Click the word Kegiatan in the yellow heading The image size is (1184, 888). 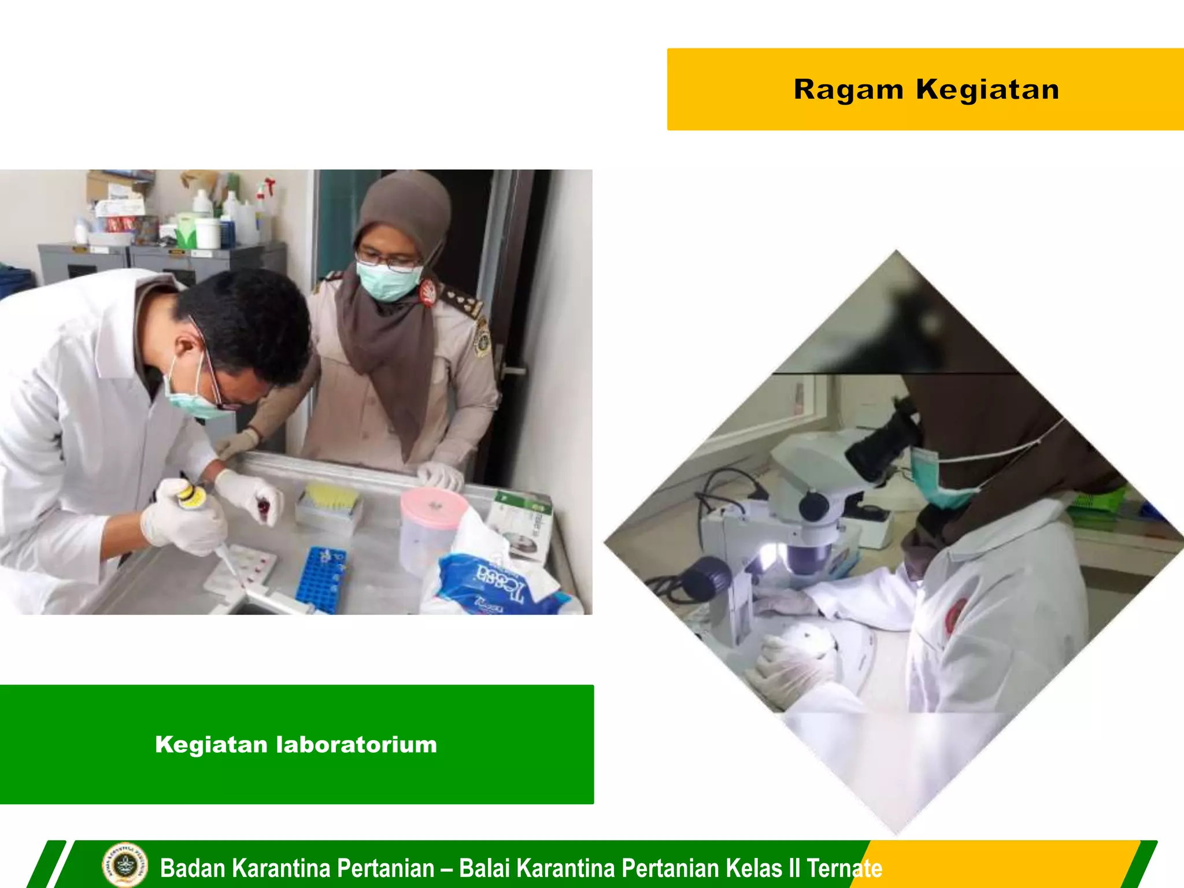(x=987, y=90)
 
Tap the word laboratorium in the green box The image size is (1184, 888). (x=357, y=745)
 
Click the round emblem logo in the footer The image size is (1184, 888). (x=124, y=865)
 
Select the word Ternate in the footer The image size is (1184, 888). (x=844, y=868)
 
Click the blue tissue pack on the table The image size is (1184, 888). (x=497, y=584)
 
